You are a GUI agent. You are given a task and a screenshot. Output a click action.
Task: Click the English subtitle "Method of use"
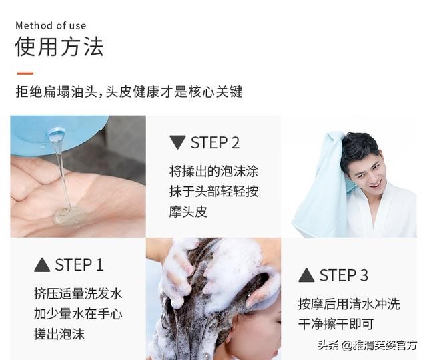click(x=51, y=25)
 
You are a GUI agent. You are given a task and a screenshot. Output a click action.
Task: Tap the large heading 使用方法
click(x=59, y=47)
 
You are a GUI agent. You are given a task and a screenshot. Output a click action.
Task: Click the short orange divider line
click(x=25, y=73)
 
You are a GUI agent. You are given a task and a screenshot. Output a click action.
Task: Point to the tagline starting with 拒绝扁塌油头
click(x=129, y=92)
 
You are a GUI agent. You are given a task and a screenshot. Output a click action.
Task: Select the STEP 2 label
click(x=215, y=142)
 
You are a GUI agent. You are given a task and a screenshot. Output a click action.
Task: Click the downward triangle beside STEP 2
click(x=177, y=142)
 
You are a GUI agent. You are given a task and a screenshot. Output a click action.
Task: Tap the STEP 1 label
click(x=79, y=265)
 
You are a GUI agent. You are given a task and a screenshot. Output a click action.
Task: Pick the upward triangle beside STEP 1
click(x=42, y=265)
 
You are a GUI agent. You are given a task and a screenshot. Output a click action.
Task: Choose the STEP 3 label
click(x=344, y=275)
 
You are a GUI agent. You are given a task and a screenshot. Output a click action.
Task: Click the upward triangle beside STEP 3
click(x=306, y=275)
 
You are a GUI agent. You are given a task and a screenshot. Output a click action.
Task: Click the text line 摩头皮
click(x=188, y=212)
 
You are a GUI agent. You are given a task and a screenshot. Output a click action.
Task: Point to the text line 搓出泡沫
click(x=59, y=334)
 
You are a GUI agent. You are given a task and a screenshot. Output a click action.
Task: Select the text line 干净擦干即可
click(x=336, y=324)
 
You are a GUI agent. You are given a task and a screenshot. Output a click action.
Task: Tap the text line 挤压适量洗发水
click(x=78, y=294)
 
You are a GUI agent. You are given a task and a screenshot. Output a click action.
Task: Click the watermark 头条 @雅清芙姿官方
click(x=367, y=345)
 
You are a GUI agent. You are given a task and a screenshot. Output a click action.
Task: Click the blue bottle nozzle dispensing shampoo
click(x=56, y=135)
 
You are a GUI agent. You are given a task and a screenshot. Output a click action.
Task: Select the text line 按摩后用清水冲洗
click(x=349, y=304)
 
